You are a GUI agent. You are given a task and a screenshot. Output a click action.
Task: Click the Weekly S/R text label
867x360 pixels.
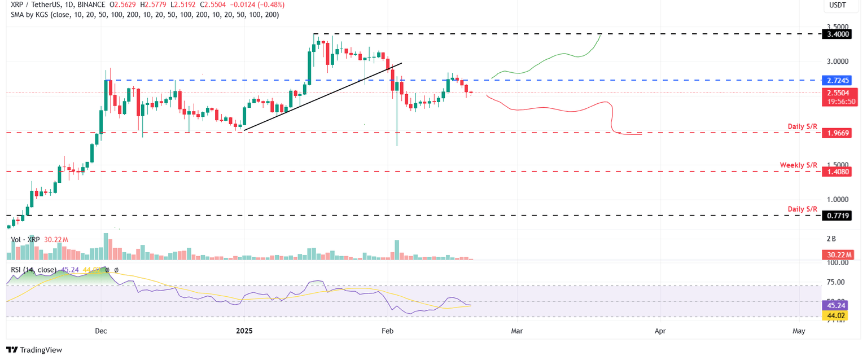(x=798, y=165)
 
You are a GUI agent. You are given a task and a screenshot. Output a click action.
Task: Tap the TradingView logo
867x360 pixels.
(x=34, y=350)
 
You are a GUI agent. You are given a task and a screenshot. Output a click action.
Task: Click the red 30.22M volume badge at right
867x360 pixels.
(x=838, y=256)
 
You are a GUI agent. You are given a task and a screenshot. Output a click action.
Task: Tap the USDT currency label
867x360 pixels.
(x=837, y=5)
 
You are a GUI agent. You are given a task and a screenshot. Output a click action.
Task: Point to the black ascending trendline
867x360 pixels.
(x=322, y=96)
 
